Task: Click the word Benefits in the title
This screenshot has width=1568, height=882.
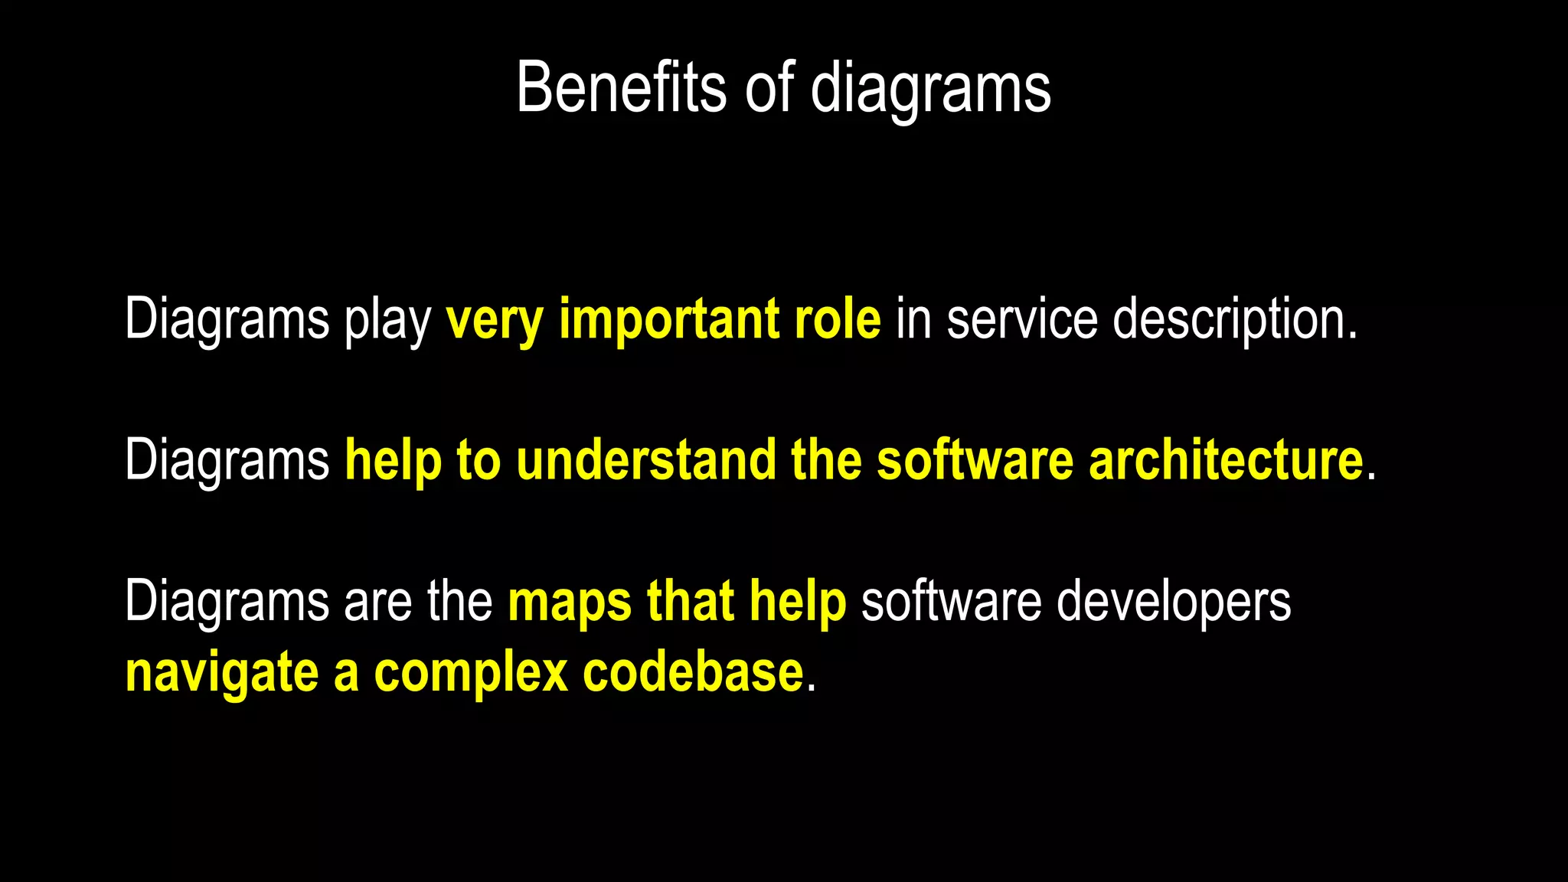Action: coord(621,88)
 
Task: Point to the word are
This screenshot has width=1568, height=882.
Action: coord(377,602)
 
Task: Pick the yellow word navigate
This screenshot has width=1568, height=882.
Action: coord(222,675)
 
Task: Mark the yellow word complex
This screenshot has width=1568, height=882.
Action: coord(471,675)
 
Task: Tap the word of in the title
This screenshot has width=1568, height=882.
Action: coord(770,88)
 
